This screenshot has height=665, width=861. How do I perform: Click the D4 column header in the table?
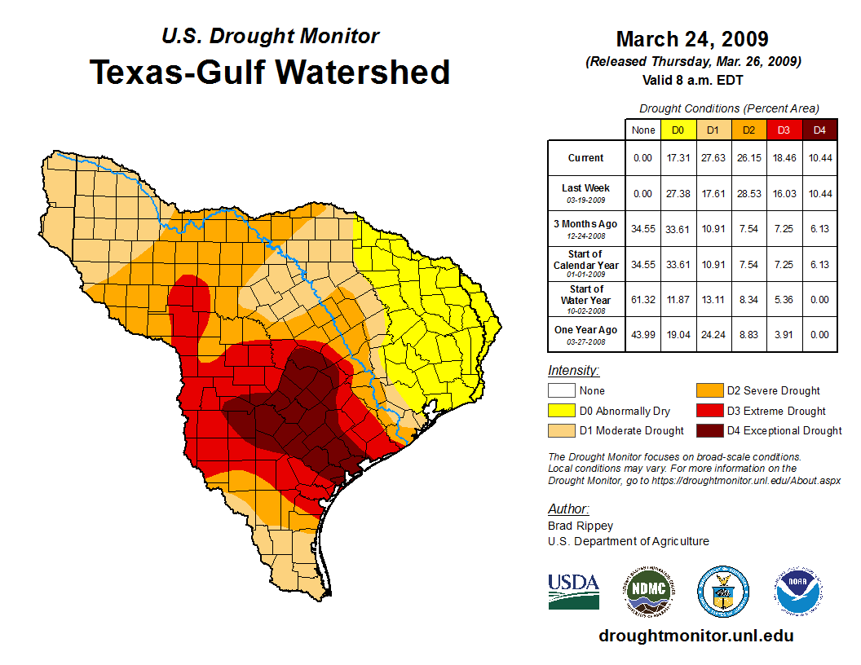click(x=820, y=130)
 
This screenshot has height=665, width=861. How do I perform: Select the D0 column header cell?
click(x=678, y=130)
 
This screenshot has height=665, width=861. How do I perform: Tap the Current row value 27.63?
click(x=713, y=158)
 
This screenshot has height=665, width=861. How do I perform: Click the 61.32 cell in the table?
click(x=643, y=300)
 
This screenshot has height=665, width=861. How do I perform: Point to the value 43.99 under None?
click(x=643, y=335)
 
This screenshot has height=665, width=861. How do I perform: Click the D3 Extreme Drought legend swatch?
click(x=708, y=411)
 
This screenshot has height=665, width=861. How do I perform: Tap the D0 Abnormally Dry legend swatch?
click(x=560, y=411)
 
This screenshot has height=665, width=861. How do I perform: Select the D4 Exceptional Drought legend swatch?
click(x=708, y=430)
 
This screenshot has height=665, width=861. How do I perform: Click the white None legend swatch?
click(x=560, y=391)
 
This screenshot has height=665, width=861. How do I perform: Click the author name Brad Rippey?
click(x=581, y=526)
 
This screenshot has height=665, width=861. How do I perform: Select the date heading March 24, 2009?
click(x=692, y=39)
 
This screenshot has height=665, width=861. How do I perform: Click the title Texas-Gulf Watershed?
click(x=270, y=72)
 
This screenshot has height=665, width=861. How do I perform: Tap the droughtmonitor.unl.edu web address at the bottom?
click(x=695, y=636)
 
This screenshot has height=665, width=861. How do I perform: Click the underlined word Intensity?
click(x=573, y=371)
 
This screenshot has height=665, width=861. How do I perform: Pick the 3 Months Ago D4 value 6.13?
click(x=820, y=229)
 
